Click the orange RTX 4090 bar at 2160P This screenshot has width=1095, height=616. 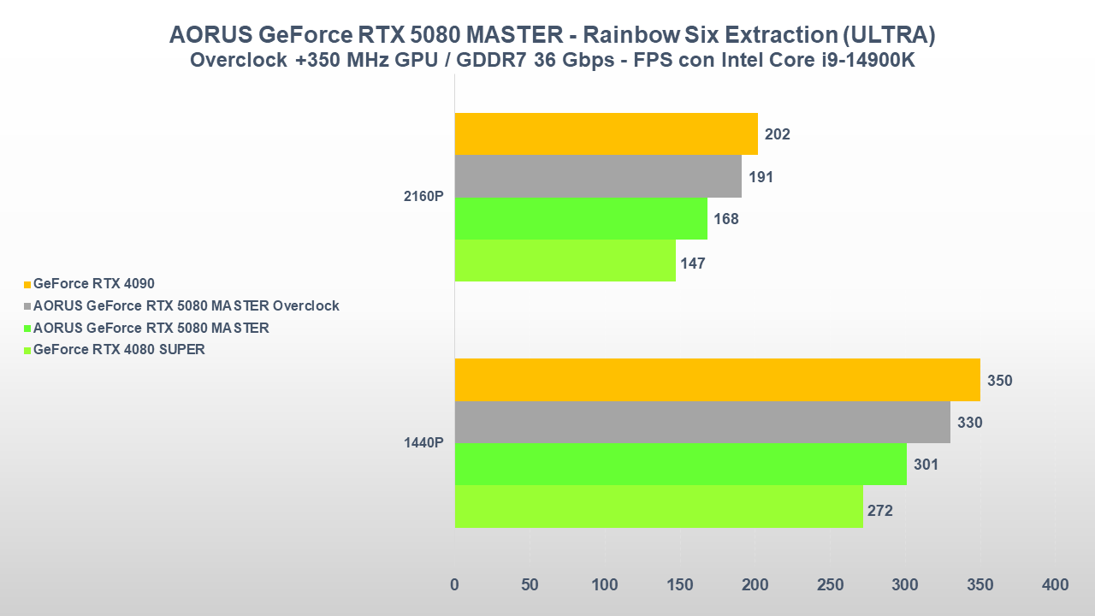(x=606, y=134)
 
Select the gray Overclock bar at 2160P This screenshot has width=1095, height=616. (x=598, y=176)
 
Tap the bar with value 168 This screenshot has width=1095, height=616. (x=581, y=218)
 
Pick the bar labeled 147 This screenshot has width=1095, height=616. (x=565, y=260)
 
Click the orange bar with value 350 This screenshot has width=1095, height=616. (x=717, y=380)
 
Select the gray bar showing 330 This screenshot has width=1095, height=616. (x=702, y=422)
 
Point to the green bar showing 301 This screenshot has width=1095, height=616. (x=680, y=464)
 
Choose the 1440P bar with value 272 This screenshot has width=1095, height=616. (x=659, y=506)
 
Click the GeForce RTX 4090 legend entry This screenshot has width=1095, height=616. (x=93, y=283)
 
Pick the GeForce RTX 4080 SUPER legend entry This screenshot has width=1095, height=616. (x=119, y=349)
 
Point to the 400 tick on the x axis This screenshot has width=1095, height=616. (x=1055, y=585)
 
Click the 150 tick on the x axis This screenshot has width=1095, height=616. (x=680, y=585)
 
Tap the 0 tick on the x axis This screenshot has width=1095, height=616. (x=454, y=585)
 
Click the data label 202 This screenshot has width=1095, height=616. (x=778, y=134)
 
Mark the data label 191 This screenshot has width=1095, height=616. (x=761, y=177)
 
